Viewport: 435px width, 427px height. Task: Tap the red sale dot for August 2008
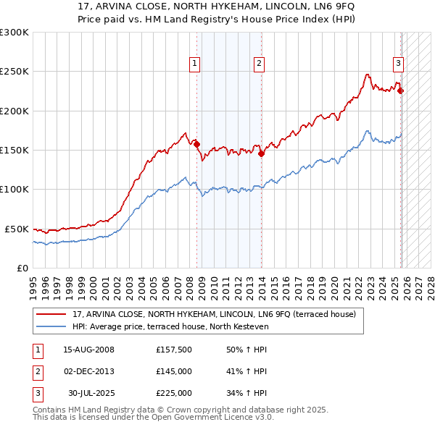coord(196,144)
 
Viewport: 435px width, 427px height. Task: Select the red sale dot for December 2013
coord(261,153)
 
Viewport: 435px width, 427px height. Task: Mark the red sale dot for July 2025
coord(401,91)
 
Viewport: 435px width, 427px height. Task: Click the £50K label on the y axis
coord(17,229)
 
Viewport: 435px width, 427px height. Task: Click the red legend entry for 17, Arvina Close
coord(214,315)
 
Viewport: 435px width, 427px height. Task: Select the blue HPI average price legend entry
coord(170,327)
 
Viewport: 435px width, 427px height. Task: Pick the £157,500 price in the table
coord(174,350)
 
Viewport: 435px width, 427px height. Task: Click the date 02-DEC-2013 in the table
coord(89,371)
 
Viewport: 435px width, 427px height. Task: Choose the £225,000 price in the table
coord(174,393)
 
